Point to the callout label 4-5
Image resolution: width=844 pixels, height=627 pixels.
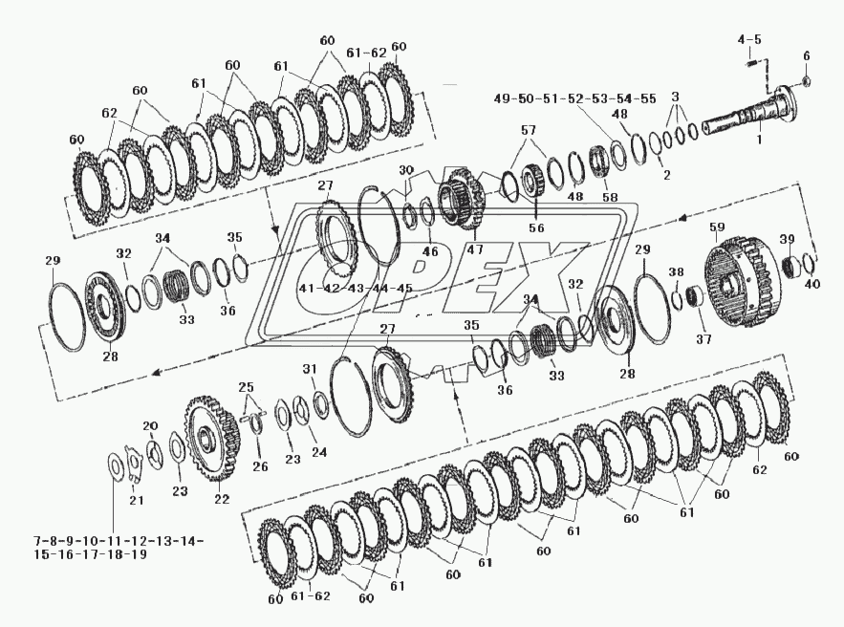click(x=749, y=39)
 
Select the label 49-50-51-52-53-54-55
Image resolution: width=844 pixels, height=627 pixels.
click(x=575, y=98)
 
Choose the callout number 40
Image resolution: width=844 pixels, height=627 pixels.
click(x=812, y=283)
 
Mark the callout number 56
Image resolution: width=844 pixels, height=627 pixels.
click(x=537, y=229)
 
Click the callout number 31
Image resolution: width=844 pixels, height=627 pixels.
click(x=309, y=369)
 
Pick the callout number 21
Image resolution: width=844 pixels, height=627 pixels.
click(x=136, y=501)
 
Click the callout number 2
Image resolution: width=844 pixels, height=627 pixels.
click(x=665, y=175)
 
